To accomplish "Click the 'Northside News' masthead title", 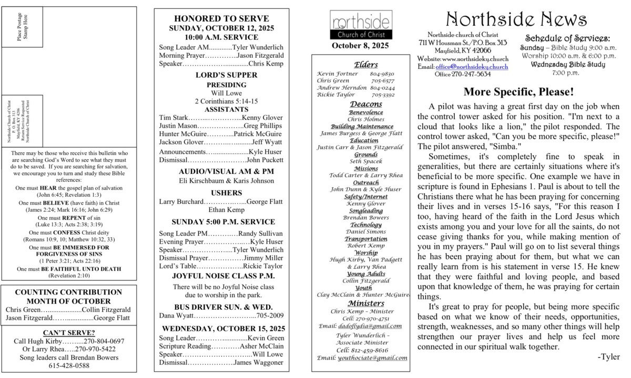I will tap(516, 19).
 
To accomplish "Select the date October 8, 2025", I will tap(360, 46).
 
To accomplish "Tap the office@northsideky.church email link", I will tap(472, 67).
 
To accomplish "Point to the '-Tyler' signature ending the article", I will tap(608, 357).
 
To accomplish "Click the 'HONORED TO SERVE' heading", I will tap(221, 19).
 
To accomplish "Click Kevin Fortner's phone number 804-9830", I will tap(382, 74).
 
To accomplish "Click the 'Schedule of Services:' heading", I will tap(568, 38).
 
